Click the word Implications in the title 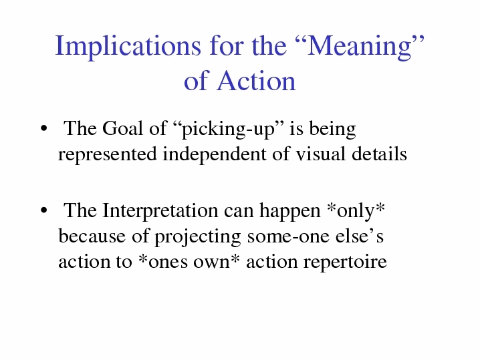(128, 46)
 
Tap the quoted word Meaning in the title (360, 46)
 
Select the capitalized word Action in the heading (256, 81)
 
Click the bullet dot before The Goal (43, 128)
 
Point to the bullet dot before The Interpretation (43, 210)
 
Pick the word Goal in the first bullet (122, 128)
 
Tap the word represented (108, 154)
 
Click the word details (380, 154)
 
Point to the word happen (290, 211)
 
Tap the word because (92, 236)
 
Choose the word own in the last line (211, 262)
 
